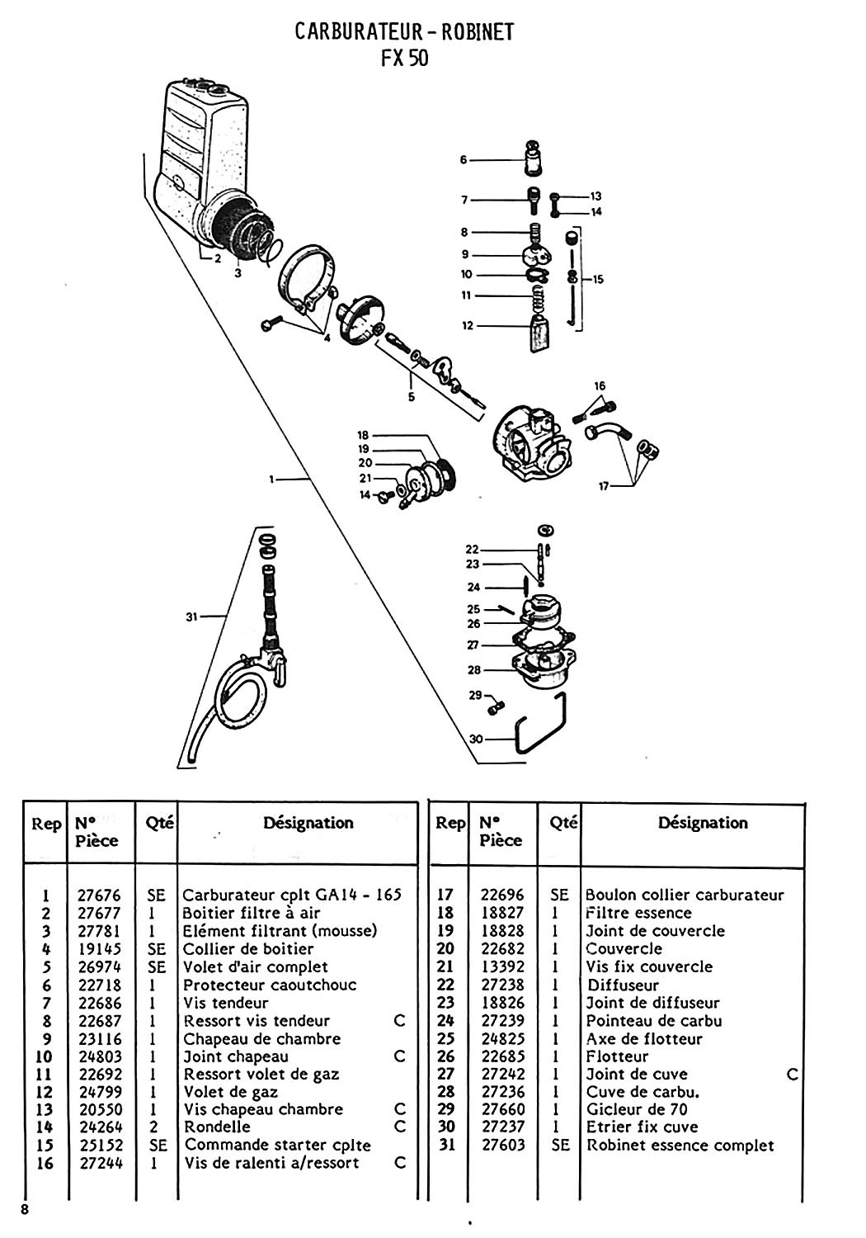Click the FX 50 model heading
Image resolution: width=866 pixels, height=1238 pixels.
(x=405, y=59)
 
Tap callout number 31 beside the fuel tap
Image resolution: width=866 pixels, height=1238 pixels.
(x=192, y=615)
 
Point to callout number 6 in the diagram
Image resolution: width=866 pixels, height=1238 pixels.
(x=464, y=159)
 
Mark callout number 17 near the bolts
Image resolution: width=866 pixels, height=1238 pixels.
(x=603, y=487)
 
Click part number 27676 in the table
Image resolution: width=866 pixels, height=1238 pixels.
(x=98, y=895)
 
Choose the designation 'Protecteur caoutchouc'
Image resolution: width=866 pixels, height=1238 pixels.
(x=270, y=985)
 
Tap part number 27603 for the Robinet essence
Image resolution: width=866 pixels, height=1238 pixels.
(x=502, y=1146)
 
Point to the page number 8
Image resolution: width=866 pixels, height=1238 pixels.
(x=27, y=1210)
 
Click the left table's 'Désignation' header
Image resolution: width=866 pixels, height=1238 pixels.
(x=308, y=823)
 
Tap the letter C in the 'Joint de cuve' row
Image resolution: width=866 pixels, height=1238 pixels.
(x=792, y=1074)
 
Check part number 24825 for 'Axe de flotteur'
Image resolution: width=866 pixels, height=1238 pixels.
(x=502, y=1038)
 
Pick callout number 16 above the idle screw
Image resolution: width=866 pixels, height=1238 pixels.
(x=600, y=386)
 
